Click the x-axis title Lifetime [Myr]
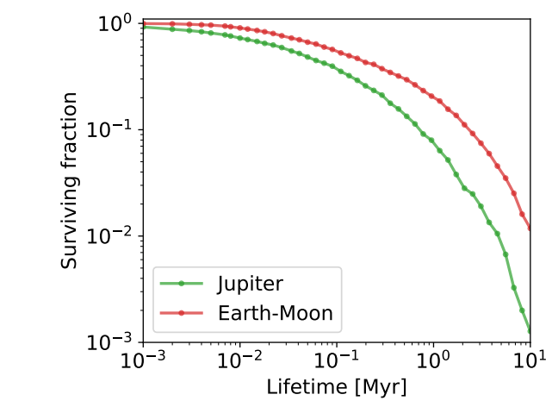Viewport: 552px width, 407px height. pos(336,385)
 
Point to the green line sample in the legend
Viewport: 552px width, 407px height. pos(182,285)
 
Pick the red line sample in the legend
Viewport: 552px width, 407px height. pos(182,313)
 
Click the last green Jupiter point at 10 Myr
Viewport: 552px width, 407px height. pos(530,329)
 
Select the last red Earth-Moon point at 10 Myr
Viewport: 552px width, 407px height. pos(530,228)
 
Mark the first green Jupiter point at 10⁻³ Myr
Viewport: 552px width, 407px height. pos(143,27)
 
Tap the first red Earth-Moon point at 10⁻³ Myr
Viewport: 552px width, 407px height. pos(143,23)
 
